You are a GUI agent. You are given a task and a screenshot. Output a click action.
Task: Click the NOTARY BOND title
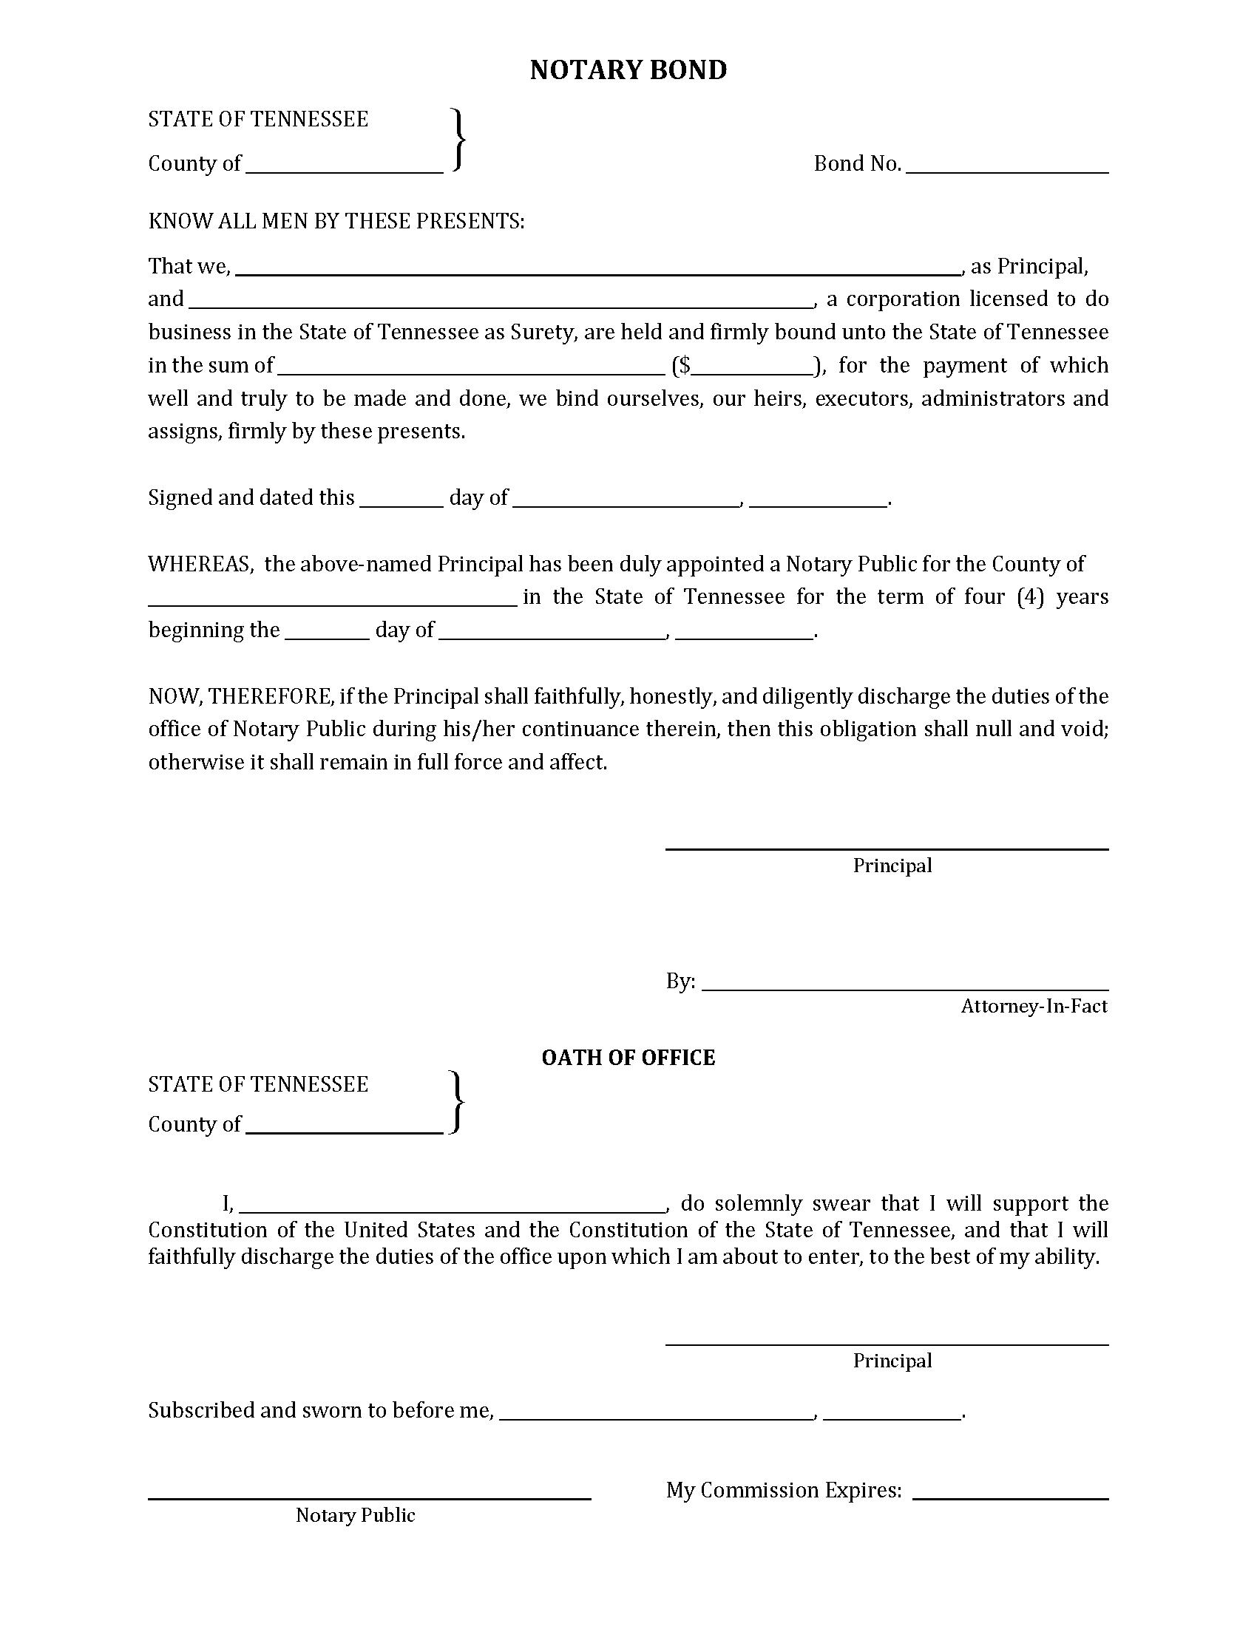tap(628, 70)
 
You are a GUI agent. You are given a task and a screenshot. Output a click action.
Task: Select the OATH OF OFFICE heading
tap(628, 1058)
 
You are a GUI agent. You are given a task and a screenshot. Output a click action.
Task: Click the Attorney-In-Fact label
tap(1034, 1007)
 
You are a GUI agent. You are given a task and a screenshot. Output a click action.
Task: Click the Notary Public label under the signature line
tap(355, 1515)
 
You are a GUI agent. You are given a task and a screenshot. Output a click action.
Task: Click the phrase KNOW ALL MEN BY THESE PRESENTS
tap(336, 221)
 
